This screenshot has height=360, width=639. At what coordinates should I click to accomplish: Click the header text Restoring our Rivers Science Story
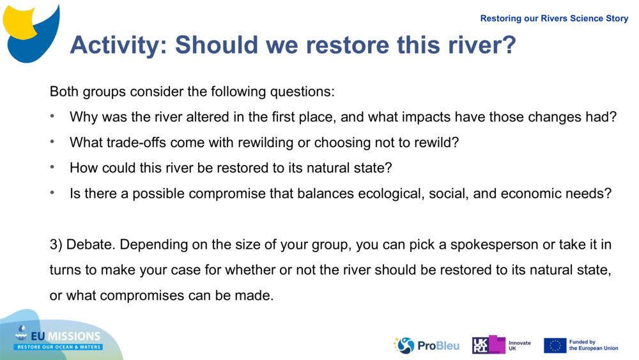point(554,19)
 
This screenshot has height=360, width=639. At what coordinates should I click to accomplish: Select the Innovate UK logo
point(501,345)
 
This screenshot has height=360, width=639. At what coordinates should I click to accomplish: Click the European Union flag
point(555,345)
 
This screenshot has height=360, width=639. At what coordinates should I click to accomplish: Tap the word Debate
point(90,245)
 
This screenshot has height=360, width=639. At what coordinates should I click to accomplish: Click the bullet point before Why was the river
point(54,117)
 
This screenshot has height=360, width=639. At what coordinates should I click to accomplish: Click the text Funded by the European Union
point(594,345)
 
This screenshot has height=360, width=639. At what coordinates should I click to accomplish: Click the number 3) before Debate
point(56,245)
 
